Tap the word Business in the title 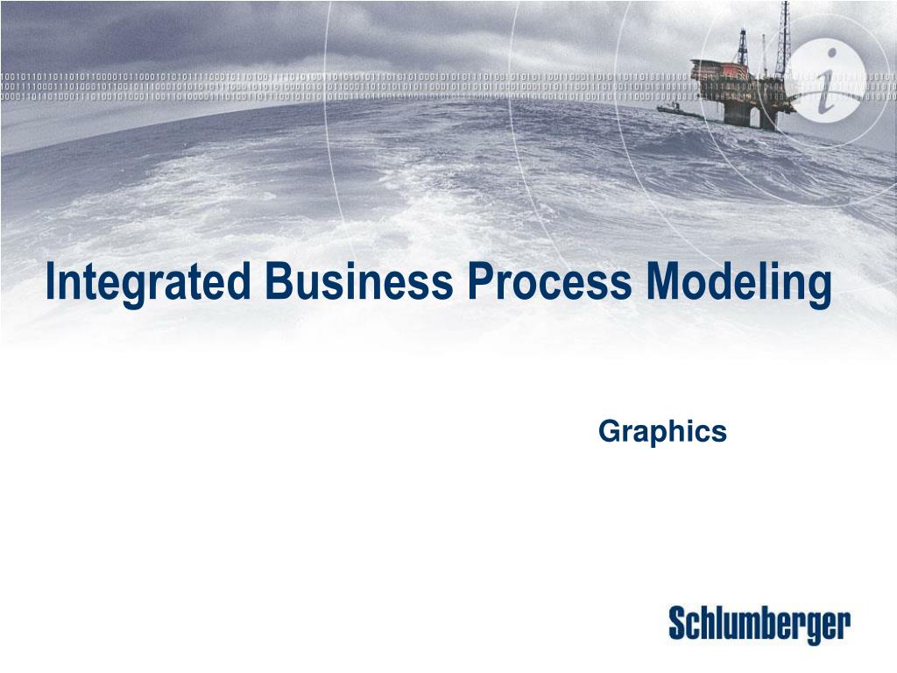[x=359, y=280]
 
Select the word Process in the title [x=550, y=280]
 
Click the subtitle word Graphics [x=662, y=432]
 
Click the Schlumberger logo [x=759, y=626]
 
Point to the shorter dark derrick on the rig [x=743, y=49]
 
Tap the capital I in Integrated [x=50, y=280]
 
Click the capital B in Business [x=279, y=280]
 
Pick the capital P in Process [x=481, y=280]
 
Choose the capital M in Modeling [x=665, y=280]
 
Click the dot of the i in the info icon [x=831, y=54]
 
